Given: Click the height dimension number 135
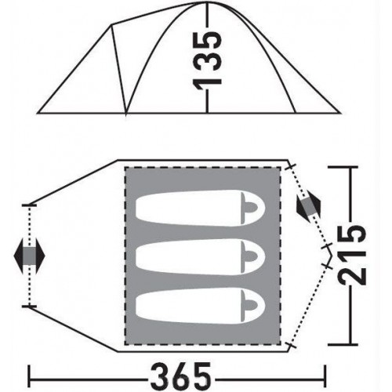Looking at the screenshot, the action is point(207,60).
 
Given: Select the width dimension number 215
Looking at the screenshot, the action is point(351,256).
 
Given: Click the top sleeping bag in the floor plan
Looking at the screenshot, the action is point(201,208).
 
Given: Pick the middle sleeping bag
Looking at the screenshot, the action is point(201,256).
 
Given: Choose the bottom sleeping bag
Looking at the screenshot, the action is point(201,306).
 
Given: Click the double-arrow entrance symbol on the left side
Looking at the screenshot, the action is point(29,256).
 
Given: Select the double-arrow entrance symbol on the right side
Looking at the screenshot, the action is point(308,207).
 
